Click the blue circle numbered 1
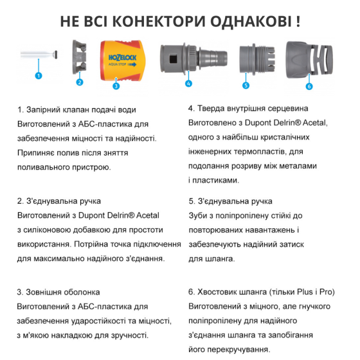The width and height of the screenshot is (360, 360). click(38, 75)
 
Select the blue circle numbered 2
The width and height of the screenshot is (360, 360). click(80, 82)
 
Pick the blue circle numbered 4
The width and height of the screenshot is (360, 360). click(188, 83)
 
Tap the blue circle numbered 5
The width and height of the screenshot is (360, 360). click(246, 85)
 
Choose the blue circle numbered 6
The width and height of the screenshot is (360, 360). click(309, 85)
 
